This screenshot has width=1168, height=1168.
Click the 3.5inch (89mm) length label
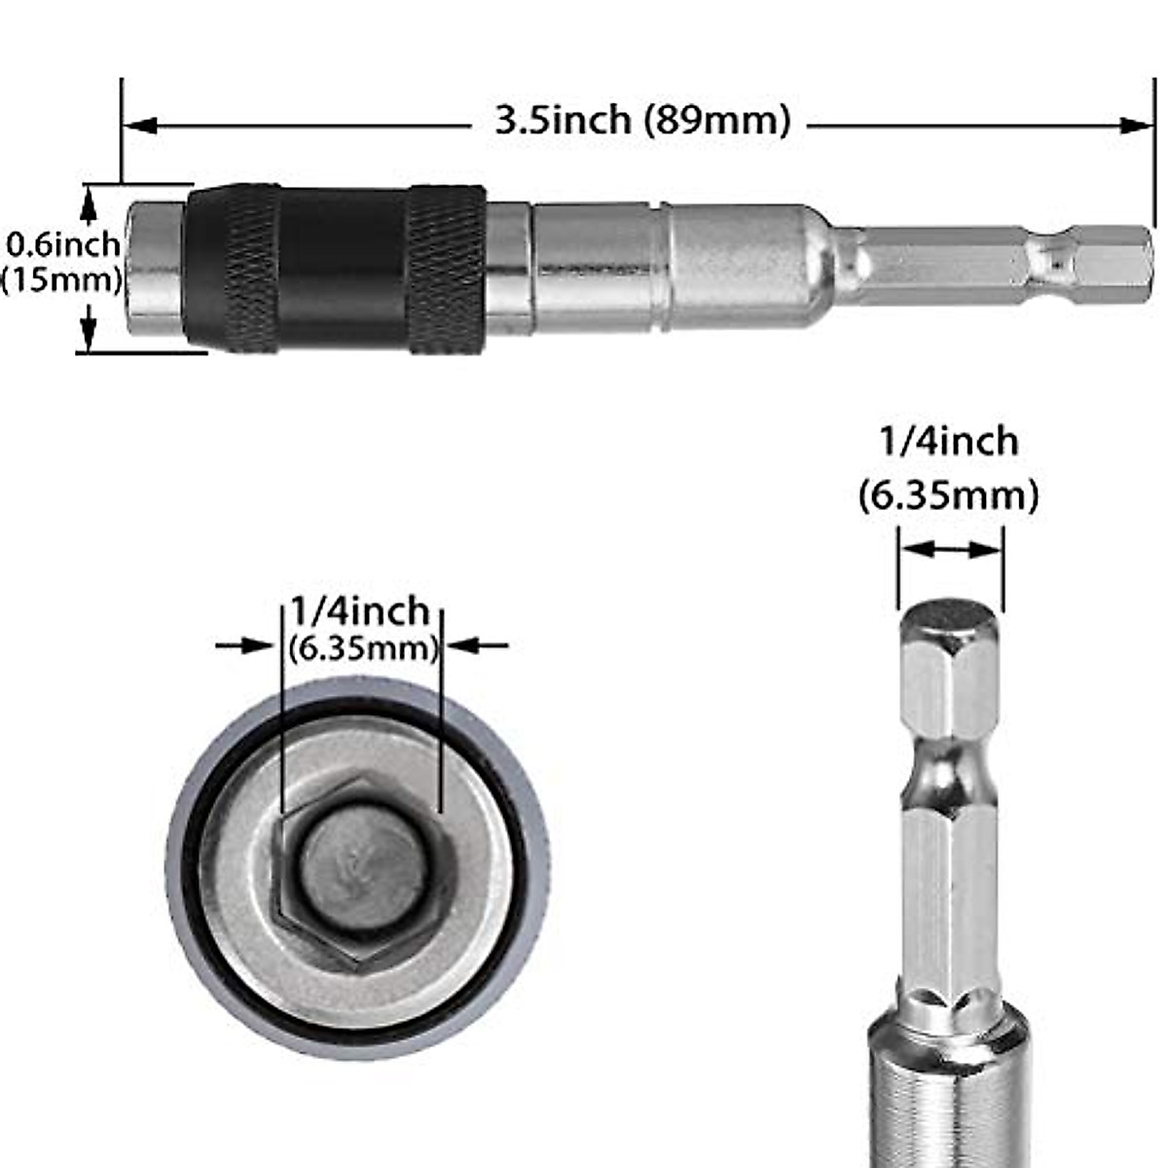click(642, 121)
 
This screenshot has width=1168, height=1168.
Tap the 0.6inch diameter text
click(63, 243)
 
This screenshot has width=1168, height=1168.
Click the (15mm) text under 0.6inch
click(63, 280)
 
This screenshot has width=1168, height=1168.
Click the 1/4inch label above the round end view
click(360, 611)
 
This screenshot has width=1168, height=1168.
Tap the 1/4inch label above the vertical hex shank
click(948, 442)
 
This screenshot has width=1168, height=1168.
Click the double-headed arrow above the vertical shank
click(950, 550)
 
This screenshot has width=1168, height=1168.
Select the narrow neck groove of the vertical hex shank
click(950, 779)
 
